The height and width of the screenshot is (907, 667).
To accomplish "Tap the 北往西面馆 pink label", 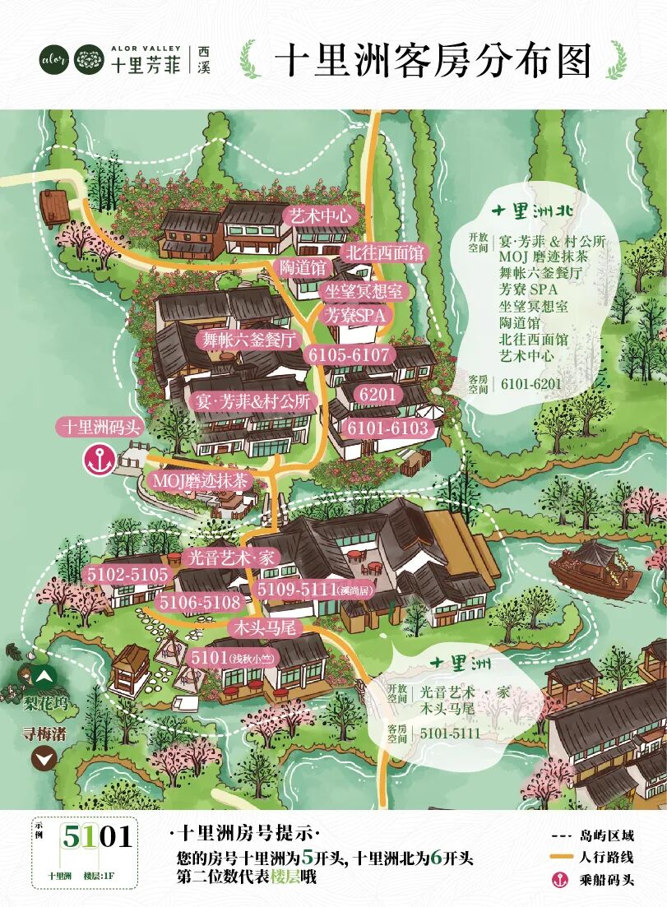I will [x=384, y=252].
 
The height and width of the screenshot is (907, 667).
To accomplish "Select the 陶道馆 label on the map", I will [x=302, y=268].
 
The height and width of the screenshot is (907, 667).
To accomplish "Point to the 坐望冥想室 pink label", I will [x=364, y=291].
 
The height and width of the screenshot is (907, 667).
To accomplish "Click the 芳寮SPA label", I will [x=356, y=314].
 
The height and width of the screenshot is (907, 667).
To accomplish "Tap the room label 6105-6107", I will [x=349, y=354].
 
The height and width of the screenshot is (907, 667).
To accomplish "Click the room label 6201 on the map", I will [x=378, y=395].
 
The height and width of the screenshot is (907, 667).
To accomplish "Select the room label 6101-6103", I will [x=387, y=428].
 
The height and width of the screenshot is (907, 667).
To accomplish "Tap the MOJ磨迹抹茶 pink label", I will [x=199, y=481].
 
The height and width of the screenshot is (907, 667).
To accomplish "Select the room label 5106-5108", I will [x=200, y=603].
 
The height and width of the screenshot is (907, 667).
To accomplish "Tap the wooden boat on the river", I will [x=595, y=568].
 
